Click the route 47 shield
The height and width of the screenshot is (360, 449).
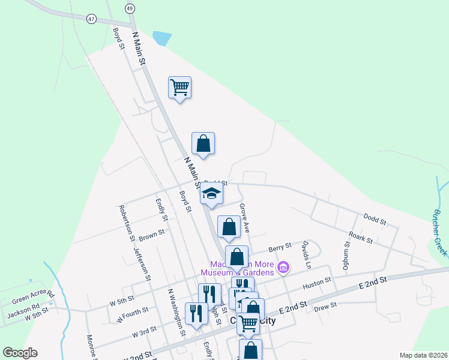(91, 19)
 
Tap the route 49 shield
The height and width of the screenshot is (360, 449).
(130, 8)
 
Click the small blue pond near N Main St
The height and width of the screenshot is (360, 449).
(161, 38)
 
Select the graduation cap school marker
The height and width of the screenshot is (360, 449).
(211, 193)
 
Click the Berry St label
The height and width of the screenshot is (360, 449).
(280, 247)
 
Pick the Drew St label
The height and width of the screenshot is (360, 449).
(325, 306)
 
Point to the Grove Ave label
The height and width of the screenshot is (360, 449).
(244, 218)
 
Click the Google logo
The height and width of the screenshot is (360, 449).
(20, 353)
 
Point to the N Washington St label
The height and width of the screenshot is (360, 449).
(176, 313)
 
